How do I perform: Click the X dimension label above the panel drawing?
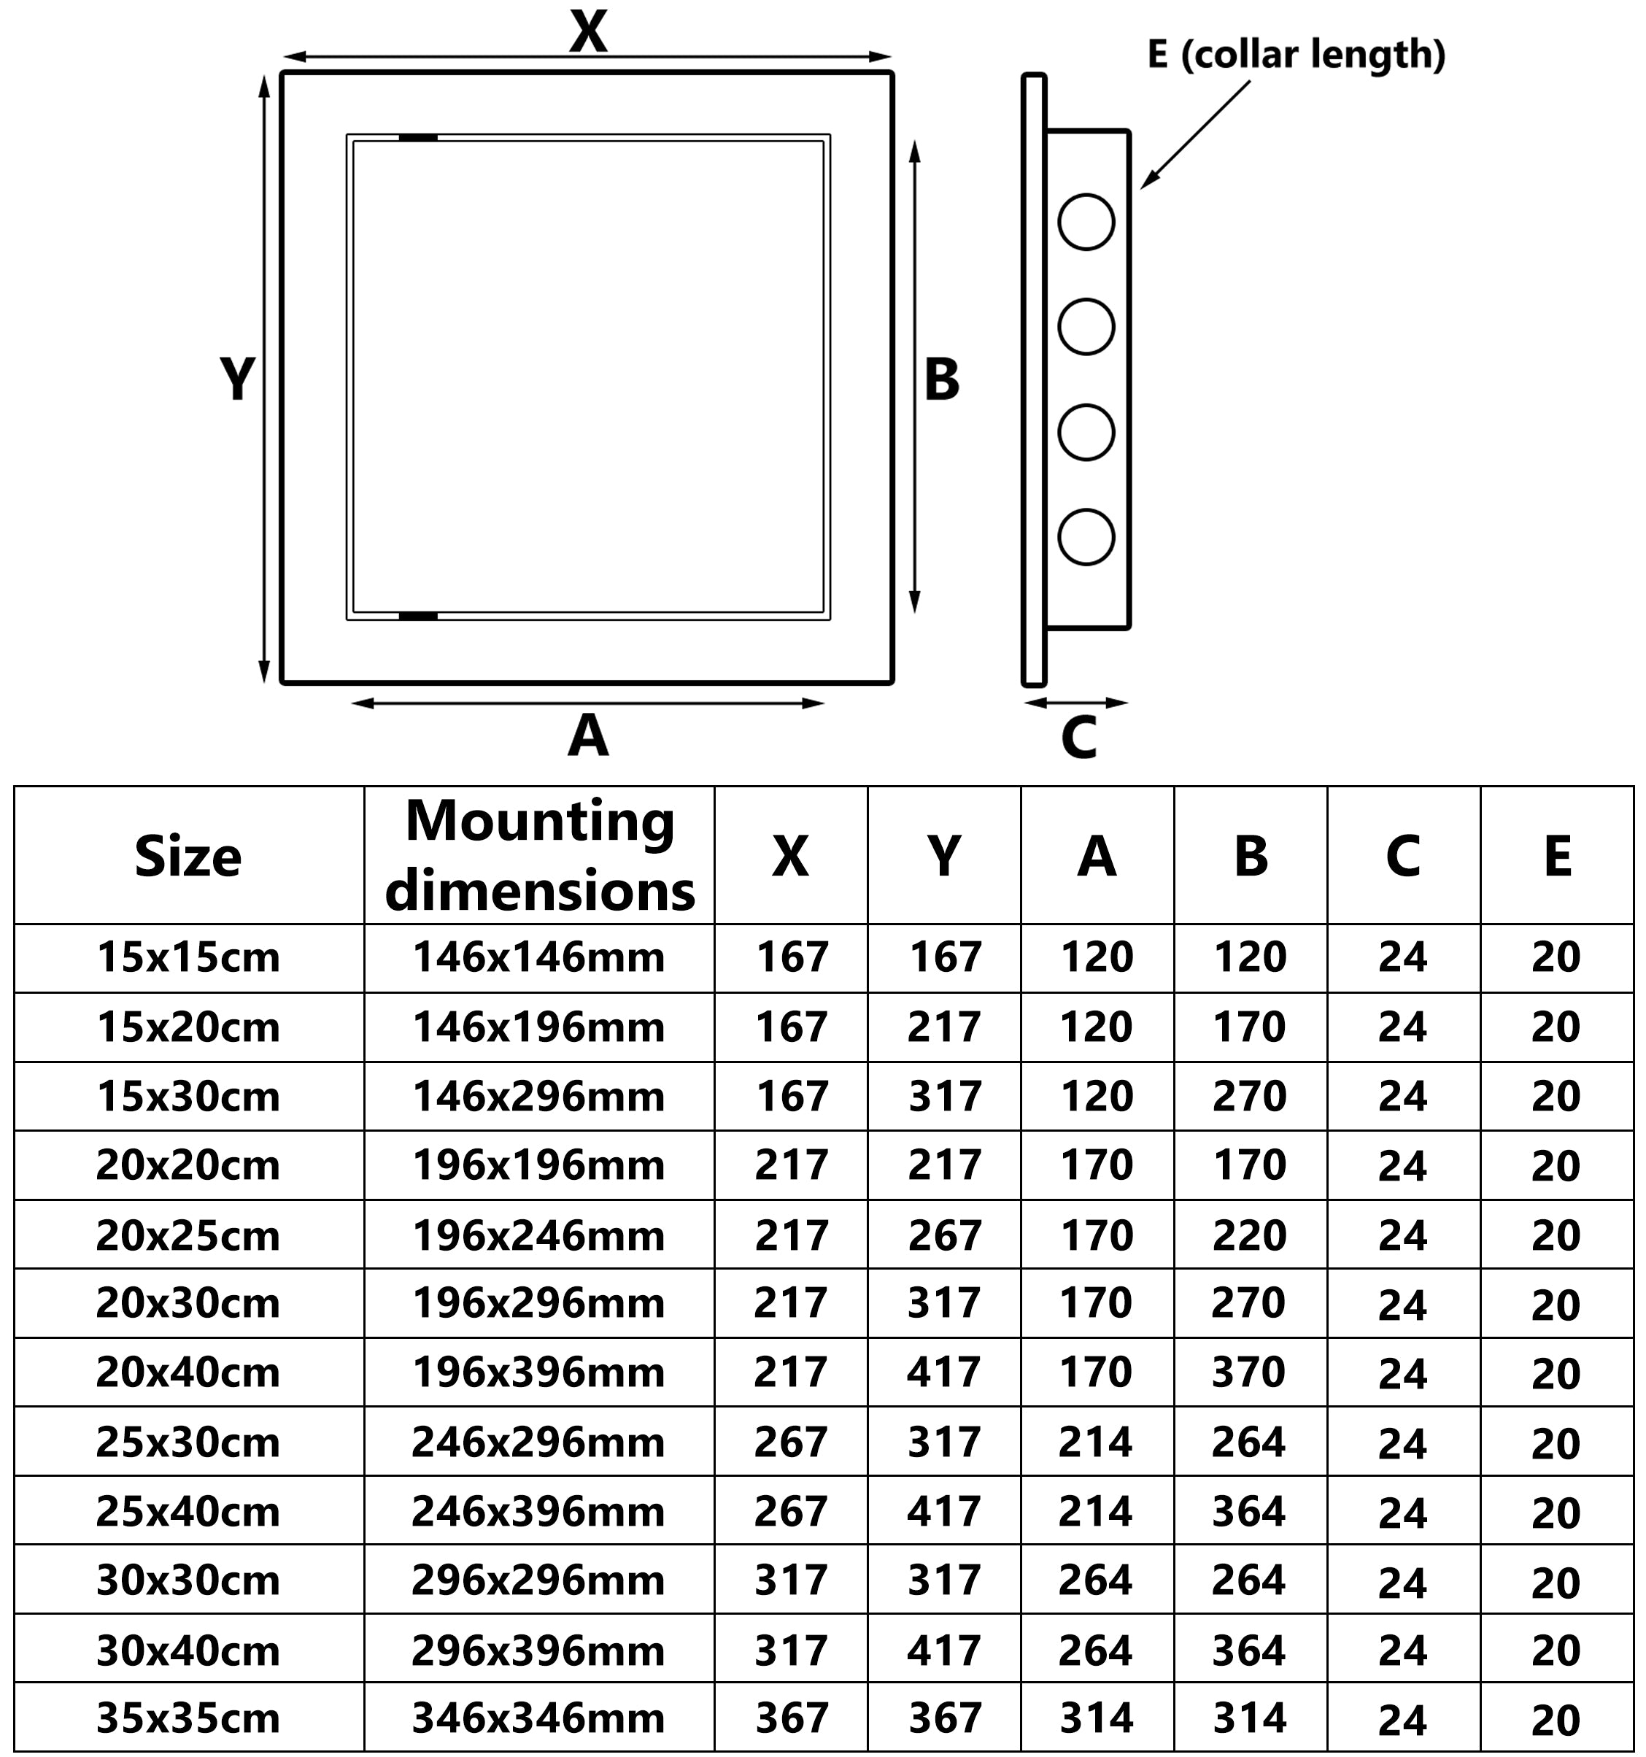[588, 32]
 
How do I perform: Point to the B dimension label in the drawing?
[941, 380]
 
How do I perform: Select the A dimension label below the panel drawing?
[587, 735]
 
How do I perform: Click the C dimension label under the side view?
[1078, 738]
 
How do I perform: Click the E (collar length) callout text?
[1295, 55]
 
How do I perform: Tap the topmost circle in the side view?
[1086, 222]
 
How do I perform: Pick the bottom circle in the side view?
[1086, 537]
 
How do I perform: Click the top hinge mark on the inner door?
[418, 138]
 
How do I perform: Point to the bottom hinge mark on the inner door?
[418, 616]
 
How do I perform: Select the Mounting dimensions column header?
[540, 856]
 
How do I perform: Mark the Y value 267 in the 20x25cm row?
[945, 1235]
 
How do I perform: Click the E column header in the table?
[1557, 857]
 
